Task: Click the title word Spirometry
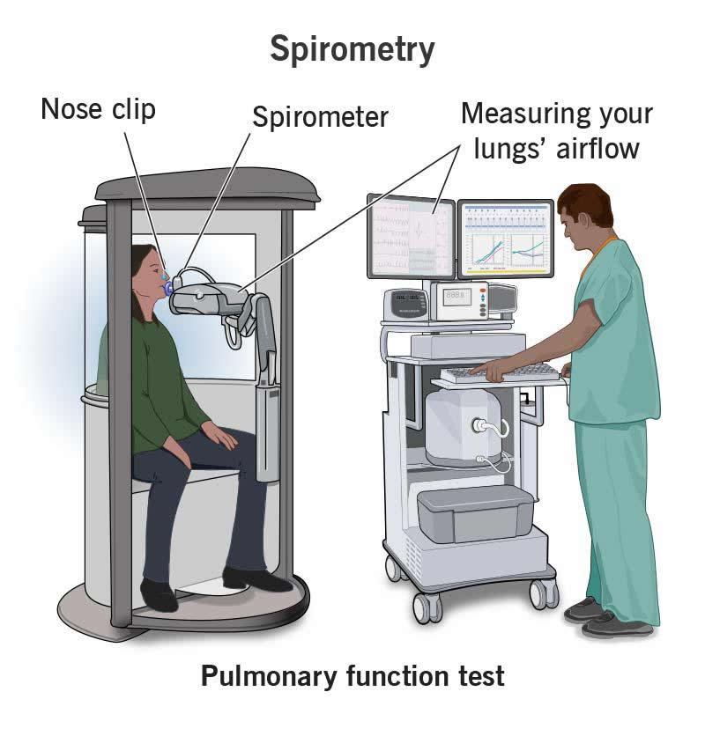tap(352, 50)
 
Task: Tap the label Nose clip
tap(98, 109)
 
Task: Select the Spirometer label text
tap(320, 117)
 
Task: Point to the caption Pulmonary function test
tap(352, 677)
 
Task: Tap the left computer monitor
tap(410, 236)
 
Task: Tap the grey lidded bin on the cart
tap(476, 514)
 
